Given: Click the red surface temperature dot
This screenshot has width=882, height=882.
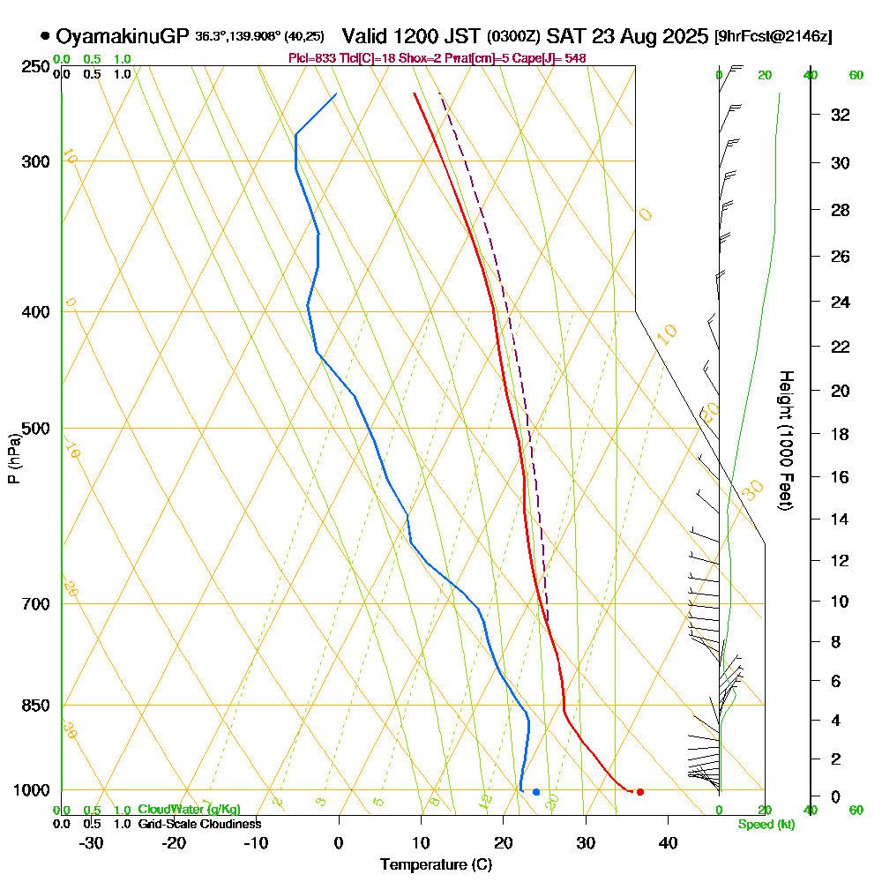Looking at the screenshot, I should tap(639, 792).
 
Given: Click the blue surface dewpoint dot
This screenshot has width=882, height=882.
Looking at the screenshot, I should tap(536, 792).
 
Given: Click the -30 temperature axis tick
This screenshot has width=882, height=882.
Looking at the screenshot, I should tap(92, 842).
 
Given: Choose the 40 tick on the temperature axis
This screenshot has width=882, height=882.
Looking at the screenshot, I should tap(668, 842).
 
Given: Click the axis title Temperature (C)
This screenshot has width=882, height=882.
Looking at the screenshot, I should tap(436, 865).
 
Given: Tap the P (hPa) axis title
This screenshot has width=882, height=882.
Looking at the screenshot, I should tap(13, 459).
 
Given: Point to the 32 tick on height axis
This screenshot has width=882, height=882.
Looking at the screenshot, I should tap(841, 115).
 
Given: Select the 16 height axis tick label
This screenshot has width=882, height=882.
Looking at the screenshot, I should tap(841, 477).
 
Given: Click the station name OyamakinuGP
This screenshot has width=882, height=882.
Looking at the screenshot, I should tap(123, 37).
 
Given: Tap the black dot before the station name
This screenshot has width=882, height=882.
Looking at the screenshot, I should tap(45, 37).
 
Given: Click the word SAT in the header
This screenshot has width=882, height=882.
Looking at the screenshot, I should tap(564, 37).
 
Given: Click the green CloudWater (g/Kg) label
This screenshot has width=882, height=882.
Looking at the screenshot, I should tap(189, 810).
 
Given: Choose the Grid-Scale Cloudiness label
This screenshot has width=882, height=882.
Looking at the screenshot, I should tap(199, 824).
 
